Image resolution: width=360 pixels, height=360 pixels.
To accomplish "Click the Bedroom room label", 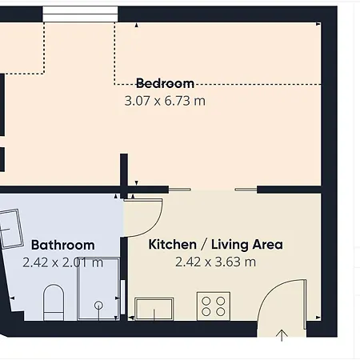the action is pyautogui.click(x=165, y=83).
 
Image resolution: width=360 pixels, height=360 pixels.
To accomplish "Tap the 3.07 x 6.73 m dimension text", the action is pyautogui.click(x=165, y=101).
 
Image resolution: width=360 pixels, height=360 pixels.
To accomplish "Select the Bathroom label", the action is pyautogui.click(x=63, y=245).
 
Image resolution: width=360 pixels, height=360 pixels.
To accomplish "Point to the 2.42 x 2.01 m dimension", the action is pyautogui.click(x=62, y=262).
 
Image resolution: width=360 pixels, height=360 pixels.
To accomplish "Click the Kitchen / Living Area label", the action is pyautogui.click(x=215, y=245).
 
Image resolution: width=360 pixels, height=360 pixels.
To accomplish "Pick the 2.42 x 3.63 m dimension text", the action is pyautogui.click(x=215, y=262).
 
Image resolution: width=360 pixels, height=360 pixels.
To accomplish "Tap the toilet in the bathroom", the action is pyautogui.click(x=54, y=302).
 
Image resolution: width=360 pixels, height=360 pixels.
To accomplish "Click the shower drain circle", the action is pyautogui.click(x=98, y=305).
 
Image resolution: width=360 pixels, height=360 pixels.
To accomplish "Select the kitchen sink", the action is pyautogui.click(x=154, y=309).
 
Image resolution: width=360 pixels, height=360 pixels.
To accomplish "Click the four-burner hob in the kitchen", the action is pyautogui.click(x=214, y=306).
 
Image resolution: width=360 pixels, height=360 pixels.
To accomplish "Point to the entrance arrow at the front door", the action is pyautogui.click(x=282, y=335).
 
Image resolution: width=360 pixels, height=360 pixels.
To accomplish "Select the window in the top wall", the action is pyautogui.click(x=80, y=14).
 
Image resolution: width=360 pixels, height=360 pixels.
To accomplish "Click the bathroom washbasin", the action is pyautogui.click(x=10, y=230).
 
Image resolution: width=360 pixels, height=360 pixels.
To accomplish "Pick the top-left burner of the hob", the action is pyautogui.click(x=206, y=301).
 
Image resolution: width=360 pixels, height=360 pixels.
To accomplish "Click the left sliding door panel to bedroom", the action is pyautogui.click(x=180, y=190).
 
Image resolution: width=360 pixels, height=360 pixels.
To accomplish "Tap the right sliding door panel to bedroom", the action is pyautogui.click(x=246, y=190).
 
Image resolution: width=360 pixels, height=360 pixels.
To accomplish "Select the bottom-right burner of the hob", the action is pyautogui.click(x=221, y=311).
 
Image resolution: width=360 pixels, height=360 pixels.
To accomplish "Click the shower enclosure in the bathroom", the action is pyautogui.click(x=98, y=289).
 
